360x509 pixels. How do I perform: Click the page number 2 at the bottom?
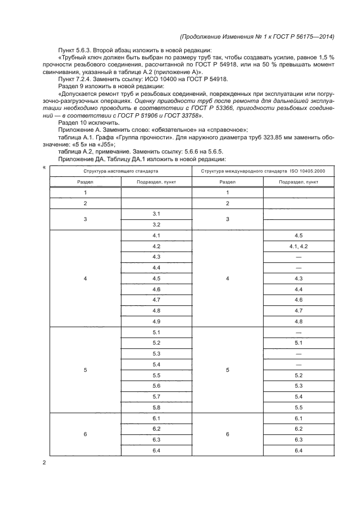point(44,463)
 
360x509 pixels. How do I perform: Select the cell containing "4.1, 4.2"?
point(298,246)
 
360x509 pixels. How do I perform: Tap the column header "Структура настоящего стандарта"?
point(120,171)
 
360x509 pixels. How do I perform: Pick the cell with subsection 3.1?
point(156,213)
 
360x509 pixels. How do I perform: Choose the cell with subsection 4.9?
point(156,321)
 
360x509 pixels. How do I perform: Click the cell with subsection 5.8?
point(156,407)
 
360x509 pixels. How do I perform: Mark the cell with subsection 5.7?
point(156,396)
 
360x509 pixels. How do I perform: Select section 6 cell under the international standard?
point(227,434)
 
